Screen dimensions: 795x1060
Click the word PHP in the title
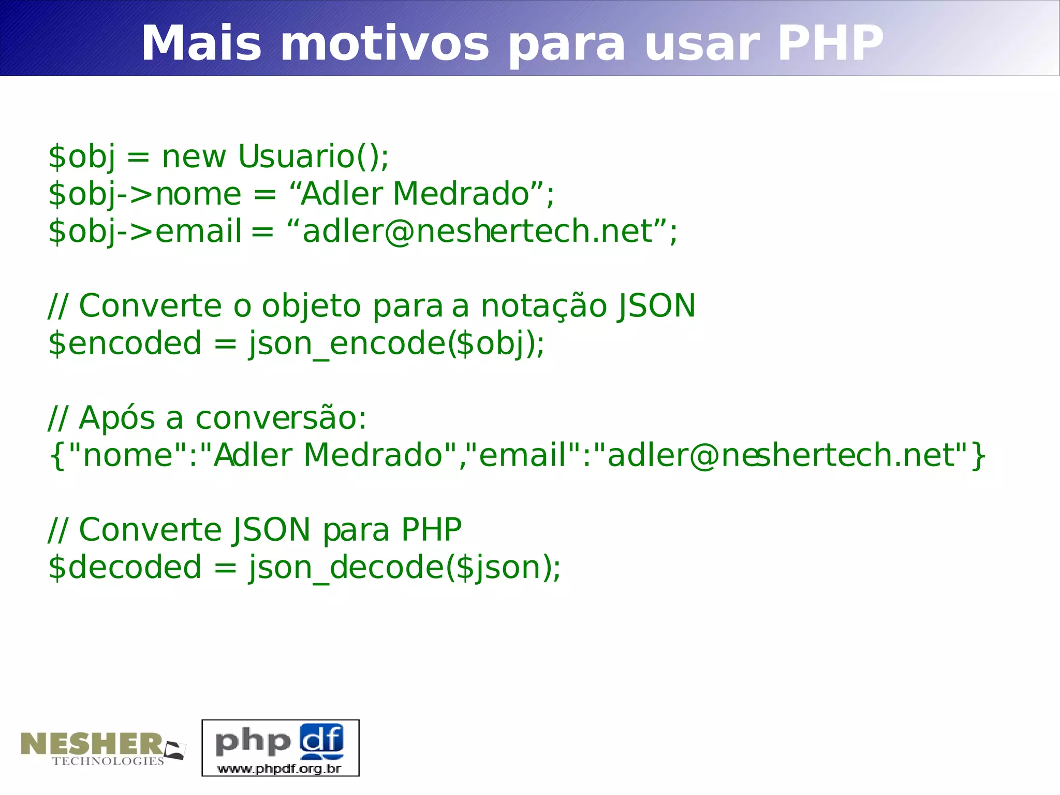pyautogui.click(x=830, y=44)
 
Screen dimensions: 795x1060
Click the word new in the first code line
pyautogui.click(x=194, y=157)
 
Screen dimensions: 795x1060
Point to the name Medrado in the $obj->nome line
pyautogui.click(x=461, y=194)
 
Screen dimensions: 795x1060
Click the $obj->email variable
pyautogui.click(x=145, y=232)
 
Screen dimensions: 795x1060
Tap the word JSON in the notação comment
pyautogui.click(x=656, y=306)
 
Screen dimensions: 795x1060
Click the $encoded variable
pyautogui.click(x=125, y=344)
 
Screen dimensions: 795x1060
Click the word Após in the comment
pyautogui.click(x=116, y=418)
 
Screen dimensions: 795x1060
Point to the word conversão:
pyautogui.click(x=281, y=418)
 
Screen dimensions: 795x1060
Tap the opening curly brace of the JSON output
pyautogui.click(x=57, y=456)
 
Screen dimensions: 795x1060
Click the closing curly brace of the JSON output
pyautogui.click(x=978, y=456)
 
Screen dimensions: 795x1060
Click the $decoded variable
pyautogui.click(x=125, y=568)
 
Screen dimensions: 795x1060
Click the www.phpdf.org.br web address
pyautogui.click(x=279, y=768)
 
